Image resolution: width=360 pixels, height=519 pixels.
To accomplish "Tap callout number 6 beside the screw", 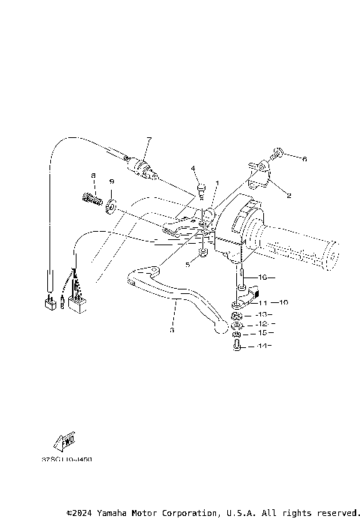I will pyautogui.click(x=305, y=159).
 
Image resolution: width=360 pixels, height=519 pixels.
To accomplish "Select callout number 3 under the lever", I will pyautogui.click(x=172, y=329).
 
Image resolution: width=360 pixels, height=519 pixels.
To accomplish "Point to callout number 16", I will pyautogui.click(x=261, y=277).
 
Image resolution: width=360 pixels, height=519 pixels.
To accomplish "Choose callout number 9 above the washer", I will pyautogui.click(x=112, y=182).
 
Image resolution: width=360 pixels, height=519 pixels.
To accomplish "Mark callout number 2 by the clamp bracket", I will pyautogui.click(x=289, y=194).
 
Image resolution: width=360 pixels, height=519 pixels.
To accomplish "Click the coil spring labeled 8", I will pyautogui.click(x=91, y=201).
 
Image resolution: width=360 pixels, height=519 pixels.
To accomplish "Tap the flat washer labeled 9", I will pyautogui.click(x=111, y=204).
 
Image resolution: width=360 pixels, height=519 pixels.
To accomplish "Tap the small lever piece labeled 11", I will pyautogui.click(x=238, y=303).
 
